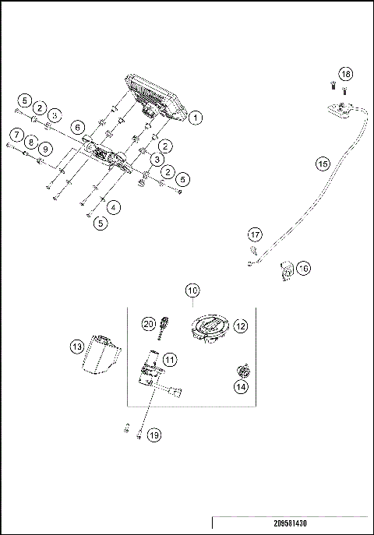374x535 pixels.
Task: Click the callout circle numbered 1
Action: [196, 118]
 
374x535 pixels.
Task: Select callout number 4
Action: [114, 207]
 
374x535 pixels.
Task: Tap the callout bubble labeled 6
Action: [77, 127]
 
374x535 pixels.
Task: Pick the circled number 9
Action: [45, 148]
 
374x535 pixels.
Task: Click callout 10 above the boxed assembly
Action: [192, 291]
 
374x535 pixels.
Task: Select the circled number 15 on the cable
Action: [323, 164]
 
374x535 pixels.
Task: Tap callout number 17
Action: [255, 234]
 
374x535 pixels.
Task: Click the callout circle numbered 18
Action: [346, 74]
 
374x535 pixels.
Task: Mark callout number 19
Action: [154, 435]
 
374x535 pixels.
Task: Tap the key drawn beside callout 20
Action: [164, 327]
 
